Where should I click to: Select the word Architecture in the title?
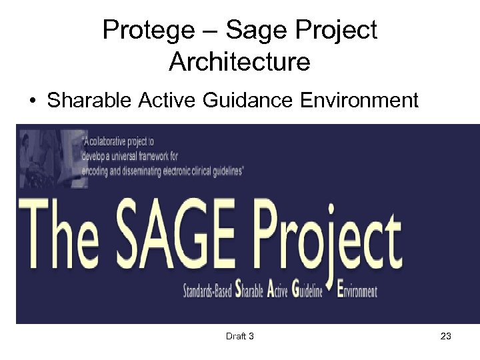239,62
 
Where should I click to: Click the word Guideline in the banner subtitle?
305,291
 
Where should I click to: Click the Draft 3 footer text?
240,337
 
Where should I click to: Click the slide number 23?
445,337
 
